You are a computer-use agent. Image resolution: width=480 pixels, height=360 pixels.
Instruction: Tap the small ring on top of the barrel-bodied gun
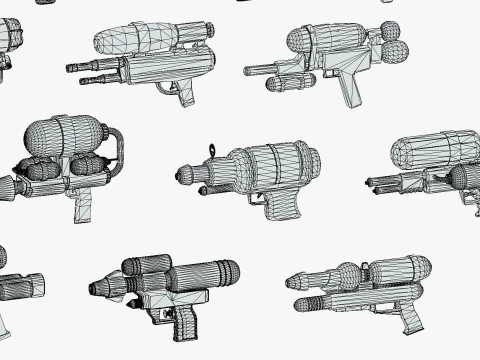coord(211,151)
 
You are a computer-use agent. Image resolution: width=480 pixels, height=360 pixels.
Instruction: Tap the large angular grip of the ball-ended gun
coord(350,89)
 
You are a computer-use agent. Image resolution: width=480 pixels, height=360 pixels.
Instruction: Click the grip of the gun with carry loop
coord(85,208)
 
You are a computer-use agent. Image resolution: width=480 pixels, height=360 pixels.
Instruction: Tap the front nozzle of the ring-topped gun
coord(184,175)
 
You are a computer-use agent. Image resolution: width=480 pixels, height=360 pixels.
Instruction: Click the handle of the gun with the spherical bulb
coord(410,319)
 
